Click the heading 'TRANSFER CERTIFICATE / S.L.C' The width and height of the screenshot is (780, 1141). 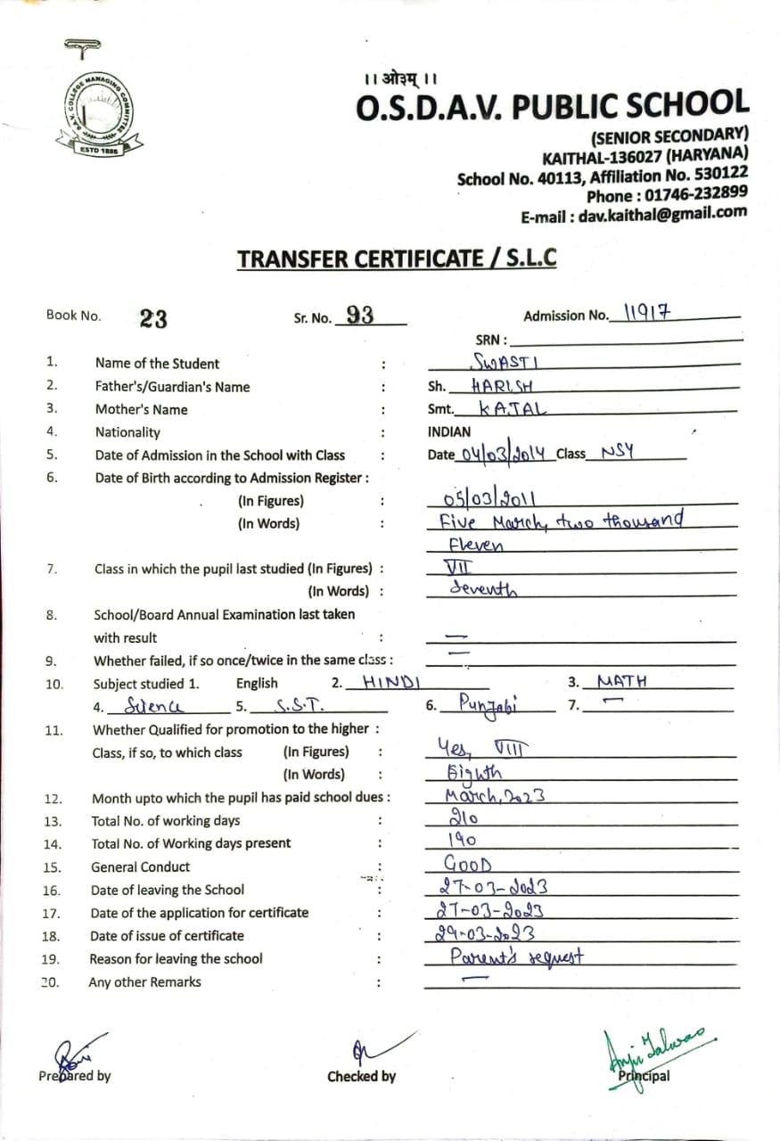coord(397,259)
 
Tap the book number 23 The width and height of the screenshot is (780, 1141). coord(153,318)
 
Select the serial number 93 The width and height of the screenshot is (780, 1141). coord(359,315)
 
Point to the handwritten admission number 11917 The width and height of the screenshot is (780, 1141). coord(646,312)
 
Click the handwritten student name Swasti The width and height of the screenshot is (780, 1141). coord(506,361)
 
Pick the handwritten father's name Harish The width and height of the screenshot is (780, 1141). coord(503,386)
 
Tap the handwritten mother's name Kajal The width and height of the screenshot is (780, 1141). coord(513,409)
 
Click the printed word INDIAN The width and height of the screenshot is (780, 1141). coord(449,431)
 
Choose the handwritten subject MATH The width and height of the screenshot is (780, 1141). coord(622,682)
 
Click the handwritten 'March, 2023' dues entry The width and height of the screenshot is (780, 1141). coord(495,796)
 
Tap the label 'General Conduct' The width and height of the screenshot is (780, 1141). coord(140,866)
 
